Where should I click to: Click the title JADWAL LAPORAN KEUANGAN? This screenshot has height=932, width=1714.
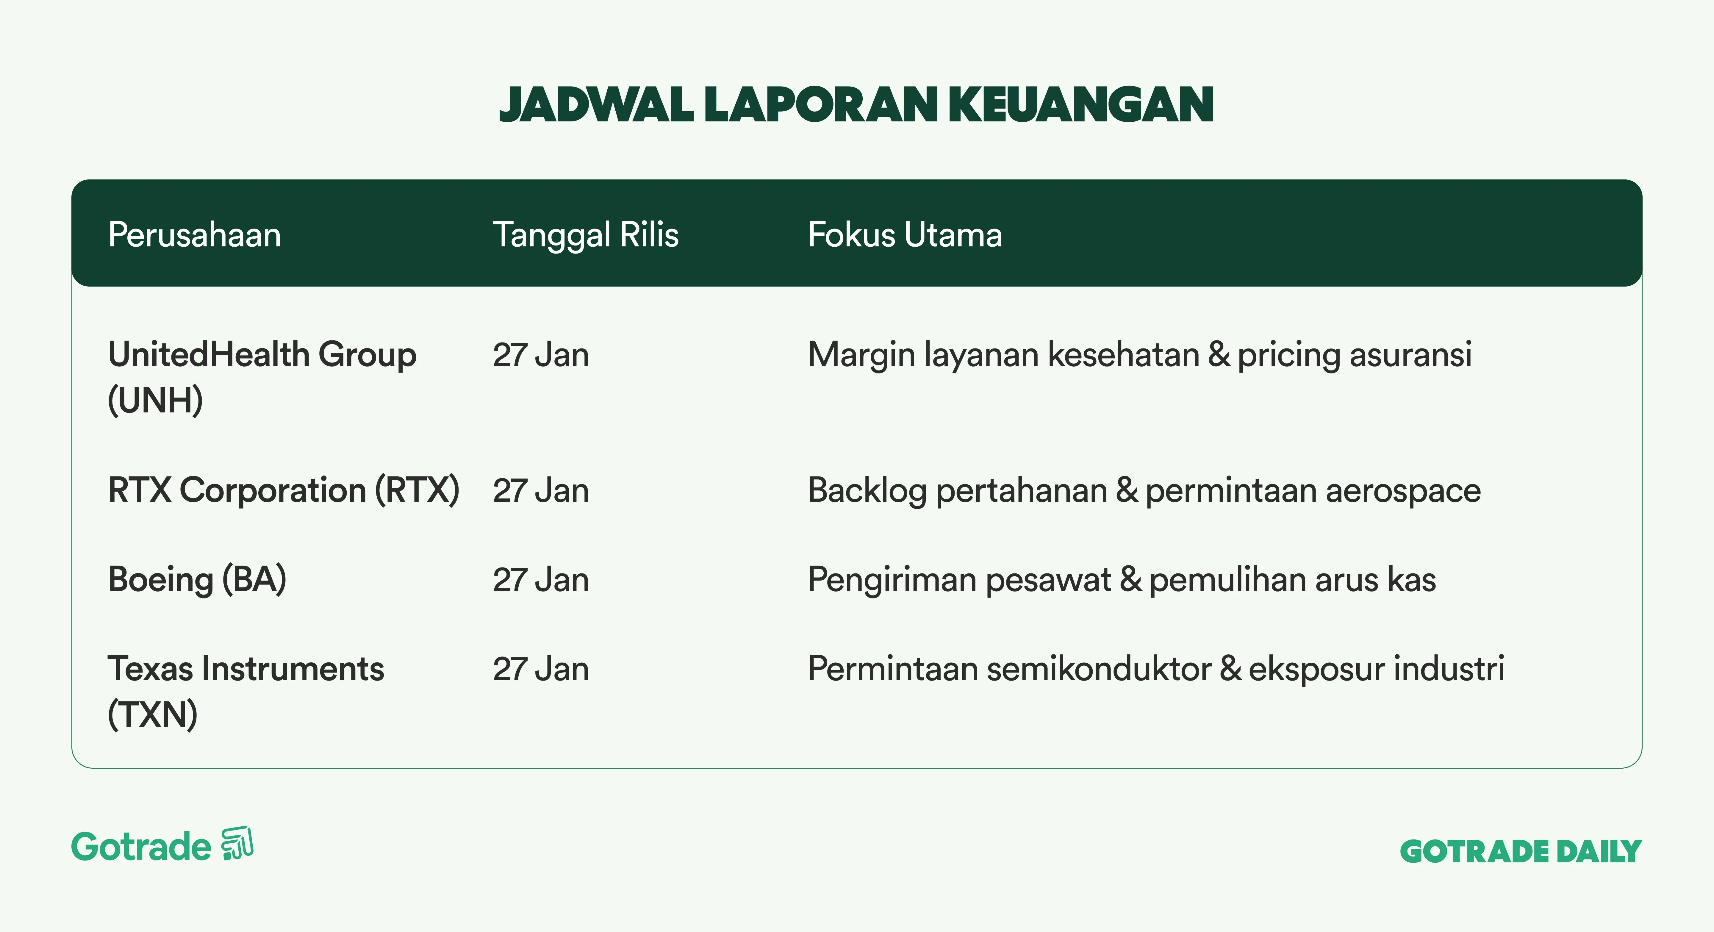856,104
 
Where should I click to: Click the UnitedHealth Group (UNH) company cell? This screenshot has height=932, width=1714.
262,377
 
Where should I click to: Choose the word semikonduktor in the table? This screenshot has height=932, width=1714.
1099,669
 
